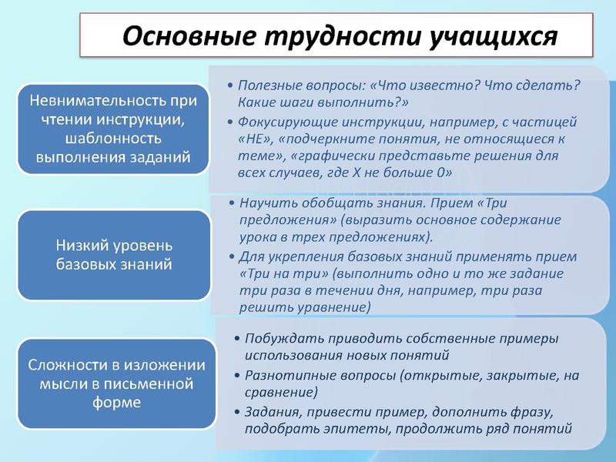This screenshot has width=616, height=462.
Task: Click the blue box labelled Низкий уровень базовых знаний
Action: click(114, 255)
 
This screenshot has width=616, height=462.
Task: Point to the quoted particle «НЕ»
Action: click(253, 139)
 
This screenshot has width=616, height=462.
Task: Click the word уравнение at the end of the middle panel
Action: click(336, 307)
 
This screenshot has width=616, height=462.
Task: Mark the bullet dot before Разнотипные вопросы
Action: click(236, 376)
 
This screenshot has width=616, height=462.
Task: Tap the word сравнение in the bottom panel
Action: click(280, 393)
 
